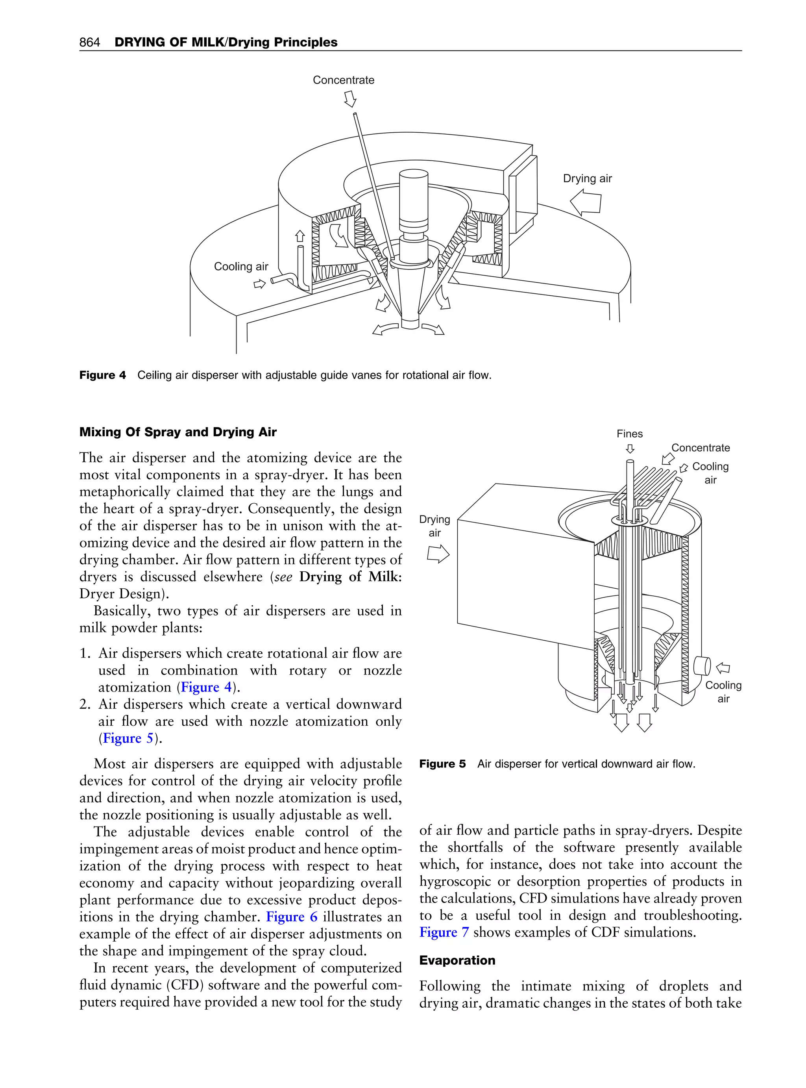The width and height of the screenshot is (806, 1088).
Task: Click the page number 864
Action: point(89,43)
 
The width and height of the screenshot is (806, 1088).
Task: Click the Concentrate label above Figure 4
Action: point(344,80)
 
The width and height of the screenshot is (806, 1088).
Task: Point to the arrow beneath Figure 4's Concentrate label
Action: point(350,100)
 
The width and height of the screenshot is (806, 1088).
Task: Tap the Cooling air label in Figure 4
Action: point(241,267)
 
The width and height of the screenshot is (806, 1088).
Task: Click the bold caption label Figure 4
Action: point(102,375)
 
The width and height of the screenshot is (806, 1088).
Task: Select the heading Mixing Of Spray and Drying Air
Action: point(177,432)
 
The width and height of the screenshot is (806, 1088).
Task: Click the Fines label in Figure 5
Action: point(629,434)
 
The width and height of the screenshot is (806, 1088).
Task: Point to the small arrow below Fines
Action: point(630,448)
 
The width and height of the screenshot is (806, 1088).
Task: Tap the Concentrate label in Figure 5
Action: point(700,448)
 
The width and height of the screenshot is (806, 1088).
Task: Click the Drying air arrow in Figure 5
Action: point(438,554)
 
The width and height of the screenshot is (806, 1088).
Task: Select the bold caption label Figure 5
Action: point(442,764)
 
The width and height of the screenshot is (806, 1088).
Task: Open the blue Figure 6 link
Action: point(291,917)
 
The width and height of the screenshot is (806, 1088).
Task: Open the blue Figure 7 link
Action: point(444,932)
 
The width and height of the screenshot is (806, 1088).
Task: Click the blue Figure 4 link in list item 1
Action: point(206,687)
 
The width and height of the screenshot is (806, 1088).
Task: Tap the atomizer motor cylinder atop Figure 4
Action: point(413,200)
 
